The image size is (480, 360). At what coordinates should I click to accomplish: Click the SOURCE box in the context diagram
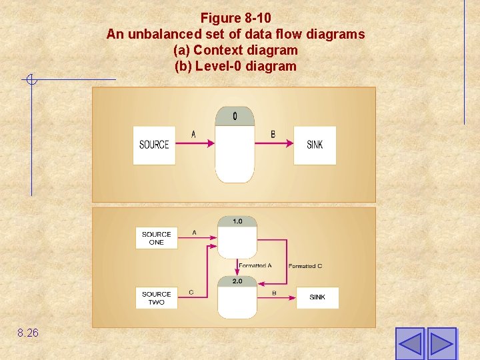point(154,145)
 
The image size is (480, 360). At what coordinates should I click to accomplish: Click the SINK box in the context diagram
point(315,145)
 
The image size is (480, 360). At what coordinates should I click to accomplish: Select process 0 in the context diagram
point(235,145)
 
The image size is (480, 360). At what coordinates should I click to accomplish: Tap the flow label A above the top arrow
point(194,135)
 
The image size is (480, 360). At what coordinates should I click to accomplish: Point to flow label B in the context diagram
point(273,135)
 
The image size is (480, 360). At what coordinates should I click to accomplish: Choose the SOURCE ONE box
point(157,238)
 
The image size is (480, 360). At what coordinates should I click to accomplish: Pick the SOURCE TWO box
point(157,298)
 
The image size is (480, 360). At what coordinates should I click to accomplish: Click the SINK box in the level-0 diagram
point(317,297)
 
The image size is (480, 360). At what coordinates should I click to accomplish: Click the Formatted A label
point(255,265)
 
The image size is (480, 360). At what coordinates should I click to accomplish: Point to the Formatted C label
point(305,266)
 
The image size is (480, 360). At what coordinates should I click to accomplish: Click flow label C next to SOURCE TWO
point(191,292)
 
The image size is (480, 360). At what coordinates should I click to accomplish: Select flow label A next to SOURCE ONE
point(194,232)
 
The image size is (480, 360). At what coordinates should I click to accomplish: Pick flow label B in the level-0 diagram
point(274,293)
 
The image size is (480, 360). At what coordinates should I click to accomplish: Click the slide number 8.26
point(28,332)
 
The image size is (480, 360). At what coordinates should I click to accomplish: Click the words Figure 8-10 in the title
point(235,17)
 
